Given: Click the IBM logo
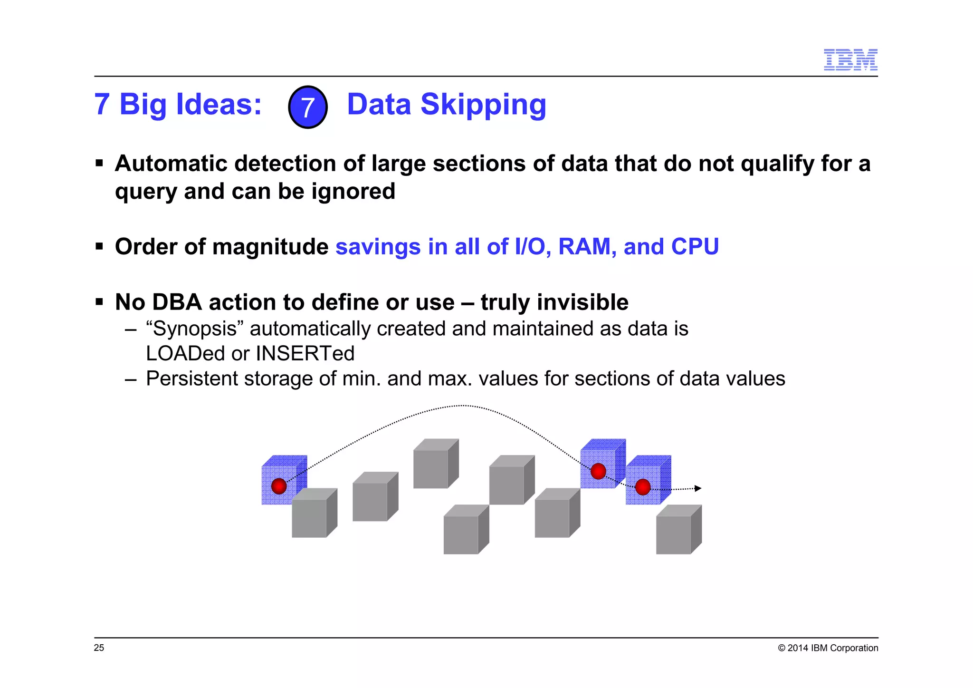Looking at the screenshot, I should click(x=850, y=60).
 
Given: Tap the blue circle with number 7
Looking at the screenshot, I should click(x=307, y=107).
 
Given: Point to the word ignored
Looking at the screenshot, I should click(x=353, y=191).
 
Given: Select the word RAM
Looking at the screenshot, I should click(x=587, y=247).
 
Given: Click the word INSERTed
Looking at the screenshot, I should click(x=305, y=354).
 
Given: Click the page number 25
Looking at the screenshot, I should click(x=99, y=648).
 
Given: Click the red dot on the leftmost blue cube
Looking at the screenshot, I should click(x=279, y=486).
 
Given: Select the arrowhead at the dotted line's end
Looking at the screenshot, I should click(x=698, y=488).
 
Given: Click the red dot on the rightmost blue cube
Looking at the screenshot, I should click(x=642, y=487).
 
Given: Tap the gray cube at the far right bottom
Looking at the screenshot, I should click(x=675, y=533).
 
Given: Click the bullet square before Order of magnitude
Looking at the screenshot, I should click(x=99, y=247).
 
